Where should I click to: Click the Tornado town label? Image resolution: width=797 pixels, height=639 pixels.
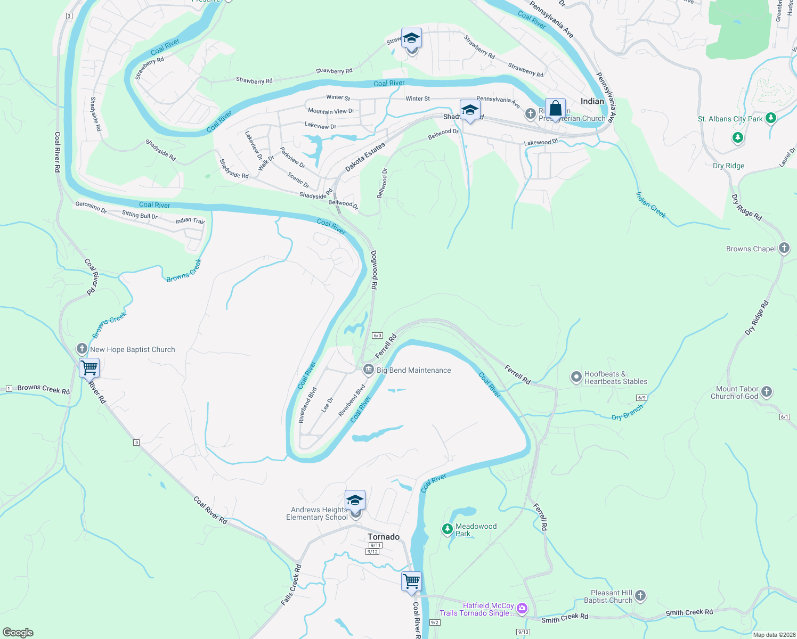click(384, 537)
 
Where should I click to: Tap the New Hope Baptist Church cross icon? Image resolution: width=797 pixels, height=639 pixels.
click(82, 349)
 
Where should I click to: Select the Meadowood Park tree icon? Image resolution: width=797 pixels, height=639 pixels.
click(447, 529)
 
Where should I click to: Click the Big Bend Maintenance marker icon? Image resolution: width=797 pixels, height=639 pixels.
click(368, 370)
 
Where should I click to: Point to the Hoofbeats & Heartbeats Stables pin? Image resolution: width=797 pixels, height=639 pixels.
click(576, 377)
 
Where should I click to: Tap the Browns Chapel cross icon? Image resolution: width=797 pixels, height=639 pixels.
click(784, 248)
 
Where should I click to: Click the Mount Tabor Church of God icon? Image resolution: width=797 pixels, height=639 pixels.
click(767, 392)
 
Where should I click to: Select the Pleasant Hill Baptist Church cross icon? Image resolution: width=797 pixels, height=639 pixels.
click(640, 596)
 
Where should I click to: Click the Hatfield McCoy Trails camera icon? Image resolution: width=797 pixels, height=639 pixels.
click(522, 608)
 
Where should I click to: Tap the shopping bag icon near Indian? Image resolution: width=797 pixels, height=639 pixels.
click(555, 109)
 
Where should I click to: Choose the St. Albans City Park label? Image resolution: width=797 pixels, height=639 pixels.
click(730, 119)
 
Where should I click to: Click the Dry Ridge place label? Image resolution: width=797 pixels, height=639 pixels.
click(728, 166)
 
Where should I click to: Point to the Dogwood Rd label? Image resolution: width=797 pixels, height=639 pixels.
click(374, 270)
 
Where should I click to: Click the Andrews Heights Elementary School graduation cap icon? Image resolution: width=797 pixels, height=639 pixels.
click(355, 501)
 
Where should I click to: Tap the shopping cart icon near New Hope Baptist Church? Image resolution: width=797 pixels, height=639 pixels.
click(90, 367)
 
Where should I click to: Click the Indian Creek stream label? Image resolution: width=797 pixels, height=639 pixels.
click(650, 205)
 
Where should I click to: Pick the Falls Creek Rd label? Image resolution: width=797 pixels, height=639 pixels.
click(291, 585)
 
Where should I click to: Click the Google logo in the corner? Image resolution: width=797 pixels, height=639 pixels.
click(18, 633)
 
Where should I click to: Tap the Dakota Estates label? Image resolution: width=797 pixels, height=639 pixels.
click(365, 157)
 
